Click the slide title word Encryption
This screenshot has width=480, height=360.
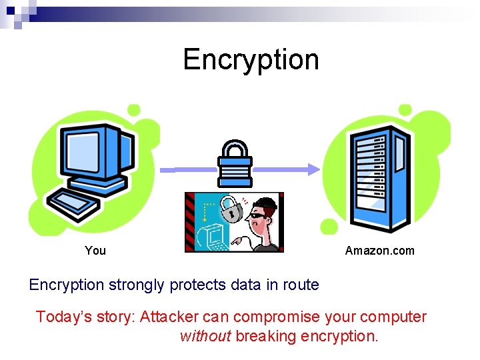(251, 59)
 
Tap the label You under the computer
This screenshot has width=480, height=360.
(95, 251)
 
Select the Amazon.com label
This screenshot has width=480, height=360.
(379, 251)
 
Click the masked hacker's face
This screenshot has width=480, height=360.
(263, 213)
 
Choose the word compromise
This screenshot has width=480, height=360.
(278, 317)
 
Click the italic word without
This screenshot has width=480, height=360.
(205, 336)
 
